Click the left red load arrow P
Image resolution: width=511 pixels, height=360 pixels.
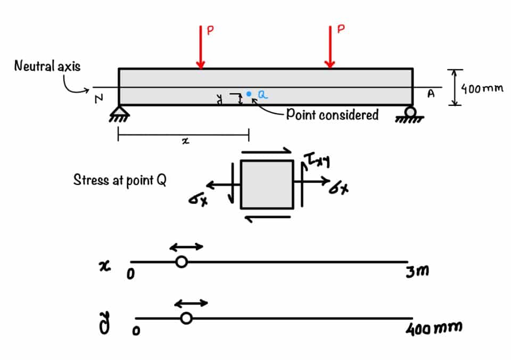[200, 48]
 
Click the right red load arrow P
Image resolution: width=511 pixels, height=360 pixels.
[330, 48]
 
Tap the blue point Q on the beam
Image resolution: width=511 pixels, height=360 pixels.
[249, 94]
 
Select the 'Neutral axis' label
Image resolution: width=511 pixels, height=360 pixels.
[47, 66]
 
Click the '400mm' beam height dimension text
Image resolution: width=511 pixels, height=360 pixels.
[482, 88]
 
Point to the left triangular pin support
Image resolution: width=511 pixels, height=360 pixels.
[119, 112]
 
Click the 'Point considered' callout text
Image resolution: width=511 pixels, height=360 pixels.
[332, 114]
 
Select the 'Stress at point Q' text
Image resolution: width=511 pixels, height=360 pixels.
[120, 180]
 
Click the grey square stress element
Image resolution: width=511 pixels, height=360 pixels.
[267, 184]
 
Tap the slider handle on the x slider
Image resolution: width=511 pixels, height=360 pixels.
[182, 262]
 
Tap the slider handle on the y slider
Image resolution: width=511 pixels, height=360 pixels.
[186, 318]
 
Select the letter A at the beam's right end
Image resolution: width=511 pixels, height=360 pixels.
[431, 94]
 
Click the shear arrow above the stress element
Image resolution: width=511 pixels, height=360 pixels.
[266, 151]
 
